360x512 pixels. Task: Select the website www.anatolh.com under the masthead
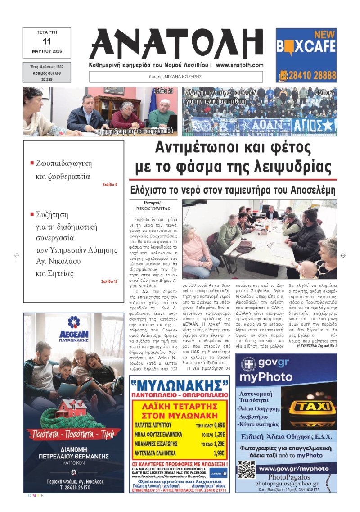pyautogui.click(x=240, y=65)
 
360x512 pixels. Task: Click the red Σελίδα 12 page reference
pyautogui.click(x=109, y=281)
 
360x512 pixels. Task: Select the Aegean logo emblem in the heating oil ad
pyautogui.click(x=73, y=322)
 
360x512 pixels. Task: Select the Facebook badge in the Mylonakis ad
pyautogui.click(x=218, y=473)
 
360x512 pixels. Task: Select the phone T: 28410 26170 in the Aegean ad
pyautogui.click(x=73, y=487)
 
